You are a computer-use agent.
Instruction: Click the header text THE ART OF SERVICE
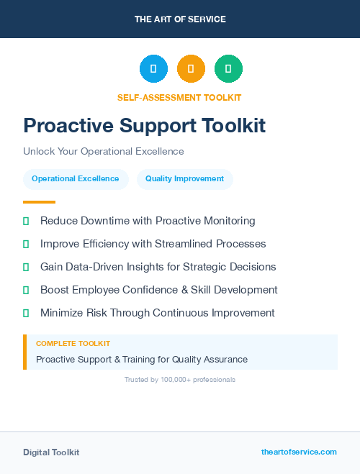(x=180, y=19)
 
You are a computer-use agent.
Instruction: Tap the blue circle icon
(x=153, y=69)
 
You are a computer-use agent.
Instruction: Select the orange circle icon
(x=191, y=69)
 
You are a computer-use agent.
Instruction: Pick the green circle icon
(x=228, y=69)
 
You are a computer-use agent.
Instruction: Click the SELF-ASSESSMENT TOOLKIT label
(x=179, y=97)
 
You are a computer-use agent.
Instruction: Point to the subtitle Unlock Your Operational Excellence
(x=104, y=152)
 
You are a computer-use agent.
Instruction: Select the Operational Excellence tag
(x=76, y=179)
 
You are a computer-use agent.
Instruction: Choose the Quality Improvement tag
(x=184, y=179)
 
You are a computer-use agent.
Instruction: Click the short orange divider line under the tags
(x=39, y=202)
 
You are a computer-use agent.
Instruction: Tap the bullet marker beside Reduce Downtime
(x=26, y=221)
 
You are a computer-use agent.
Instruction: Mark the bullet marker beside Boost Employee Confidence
(x=26, y=290)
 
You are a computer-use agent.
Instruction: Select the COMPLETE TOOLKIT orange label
(x=73, y=344)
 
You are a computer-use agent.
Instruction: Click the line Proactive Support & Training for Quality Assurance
(x=142, y=359)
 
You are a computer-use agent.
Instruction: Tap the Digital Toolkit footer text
(x=51, y=452)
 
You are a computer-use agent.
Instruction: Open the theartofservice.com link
(x=299, y=452)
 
